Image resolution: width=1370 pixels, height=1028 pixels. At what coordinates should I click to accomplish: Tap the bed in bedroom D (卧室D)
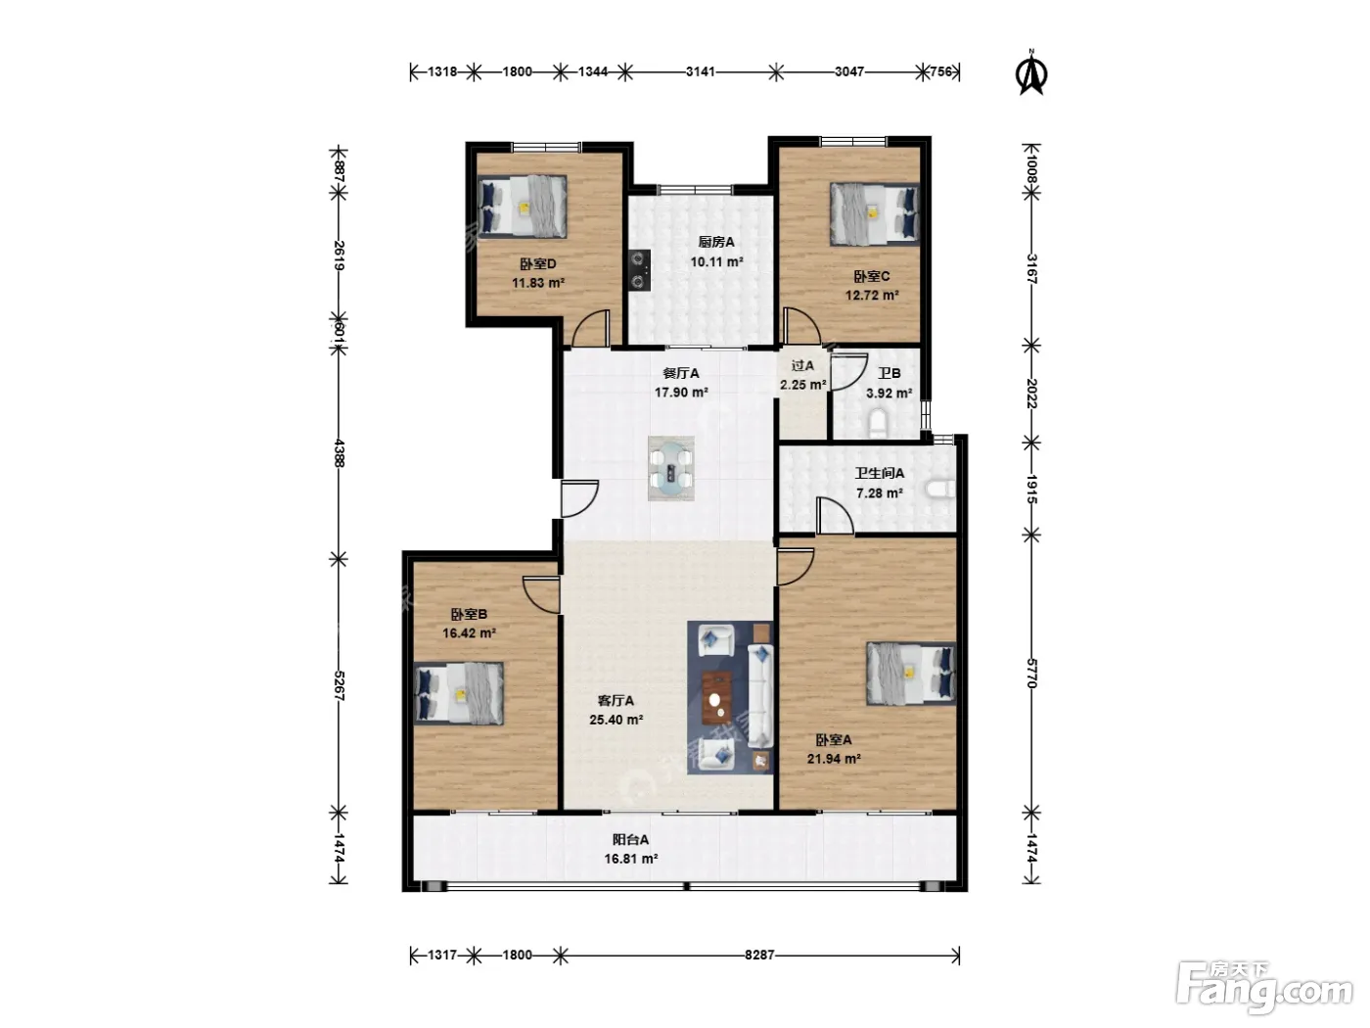pos(523,206)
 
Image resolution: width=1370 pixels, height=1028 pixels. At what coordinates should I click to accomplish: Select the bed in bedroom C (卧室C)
pos(875,213)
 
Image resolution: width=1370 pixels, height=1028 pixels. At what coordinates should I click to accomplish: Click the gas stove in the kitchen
pos(639,270)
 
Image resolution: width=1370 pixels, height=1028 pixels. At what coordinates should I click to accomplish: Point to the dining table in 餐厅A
pos(671,468)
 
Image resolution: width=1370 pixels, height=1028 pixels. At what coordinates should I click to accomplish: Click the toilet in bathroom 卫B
pos(878,423)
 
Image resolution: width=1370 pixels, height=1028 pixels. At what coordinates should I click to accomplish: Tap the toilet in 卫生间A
pos(941,490)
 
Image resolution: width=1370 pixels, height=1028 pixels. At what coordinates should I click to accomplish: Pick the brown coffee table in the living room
pos(717,698)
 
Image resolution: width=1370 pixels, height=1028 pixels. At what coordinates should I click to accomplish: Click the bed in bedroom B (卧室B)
pos(459,693)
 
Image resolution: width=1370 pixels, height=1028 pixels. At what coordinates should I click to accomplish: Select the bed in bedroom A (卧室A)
pos(911,675)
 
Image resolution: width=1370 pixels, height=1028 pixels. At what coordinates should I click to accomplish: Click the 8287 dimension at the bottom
pos(759,955)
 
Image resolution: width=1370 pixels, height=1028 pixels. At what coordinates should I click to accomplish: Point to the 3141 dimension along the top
pos(701,71)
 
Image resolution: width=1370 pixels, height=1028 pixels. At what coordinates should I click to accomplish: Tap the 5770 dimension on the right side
pos(1031,674)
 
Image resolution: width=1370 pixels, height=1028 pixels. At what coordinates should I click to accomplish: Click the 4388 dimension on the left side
pos(339,453)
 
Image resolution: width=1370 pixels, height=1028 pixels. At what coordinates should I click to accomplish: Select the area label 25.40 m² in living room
pos(616,720)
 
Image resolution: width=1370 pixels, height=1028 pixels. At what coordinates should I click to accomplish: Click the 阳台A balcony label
pos(630,839)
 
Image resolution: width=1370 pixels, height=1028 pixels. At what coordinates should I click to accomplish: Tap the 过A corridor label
pos(802,366)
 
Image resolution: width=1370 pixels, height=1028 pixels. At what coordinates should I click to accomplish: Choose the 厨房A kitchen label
pos(716,242)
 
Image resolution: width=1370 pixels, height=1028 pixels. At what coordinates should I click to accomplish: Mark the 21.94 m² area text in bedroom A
pos(834,759)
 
